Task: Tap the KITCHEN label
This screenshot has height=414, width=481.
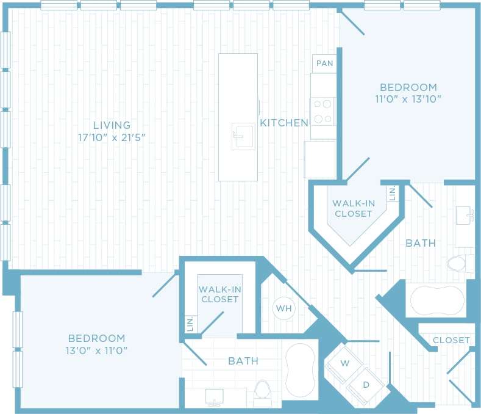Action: (283, 123)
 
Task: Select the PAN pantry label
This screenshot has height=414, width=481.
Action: (324, 64)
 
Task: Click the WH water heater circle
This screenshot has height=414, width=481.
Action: (283, 308)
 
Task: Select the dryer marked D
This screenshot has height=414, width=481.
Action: (366, 385)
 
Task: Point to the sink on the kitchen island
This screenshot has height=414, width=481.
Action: (243, 136)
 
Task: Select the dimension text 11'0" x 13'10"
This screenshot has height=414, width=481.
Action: (408, 98)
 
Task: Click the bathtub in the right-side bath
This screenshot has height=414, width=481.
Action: (436, 300)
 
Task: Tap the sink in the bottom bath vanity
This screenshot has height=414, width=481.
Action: (215, 397)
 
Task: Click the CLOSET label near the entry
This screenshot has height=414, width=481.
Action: (451, 340)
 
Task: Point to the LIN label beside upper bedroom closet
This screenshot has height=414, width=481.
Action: (392, 194)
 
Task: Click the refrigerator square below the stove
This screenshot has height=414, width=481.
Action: (320, 159)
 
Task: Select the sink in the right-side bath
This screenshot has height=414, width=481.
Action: (466, 215)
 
